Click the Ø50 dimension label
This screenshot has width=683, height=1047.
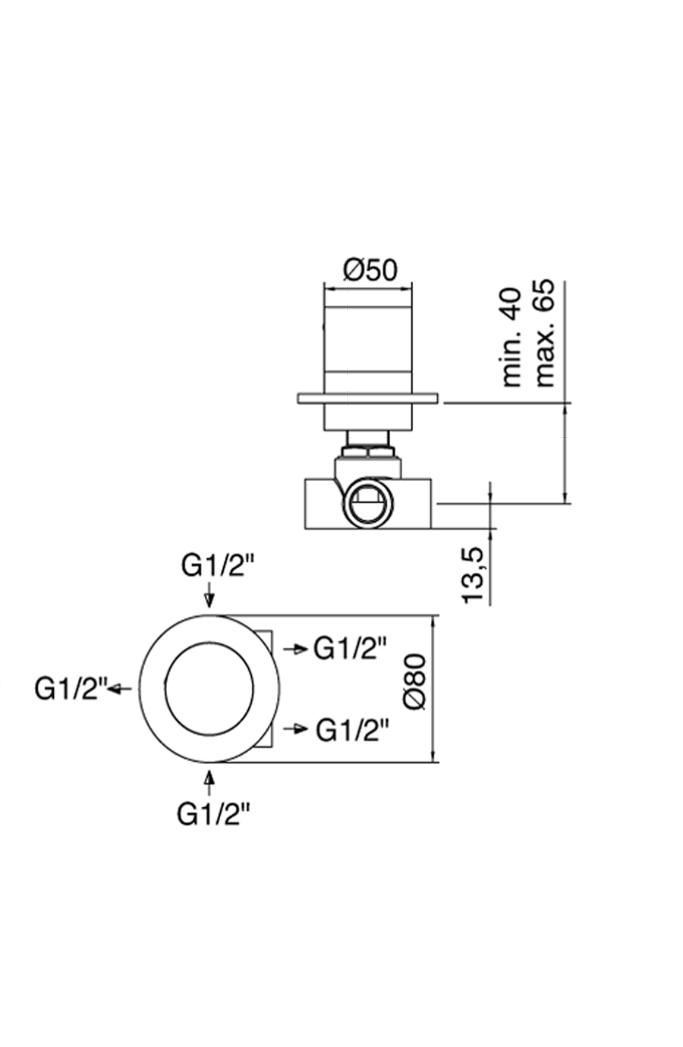tap(370, 269)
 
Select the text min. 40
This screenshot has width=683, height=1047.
tap(512, 337)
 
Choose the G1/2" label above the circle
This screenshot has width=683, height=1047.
tap(217, 565)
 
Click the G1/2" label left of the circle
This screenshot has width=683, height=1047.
tap(71, 688)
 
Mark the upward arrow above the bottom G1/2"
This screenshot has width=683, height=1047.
tap(209, 781)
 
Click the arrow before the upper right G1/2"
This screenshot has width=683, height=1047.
tap(295, 649)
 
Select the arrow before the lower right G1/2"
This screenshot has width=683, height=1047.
tap(295, 729)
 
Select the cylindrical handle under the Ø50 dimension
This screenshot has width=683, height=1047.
tap(369, 349)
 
